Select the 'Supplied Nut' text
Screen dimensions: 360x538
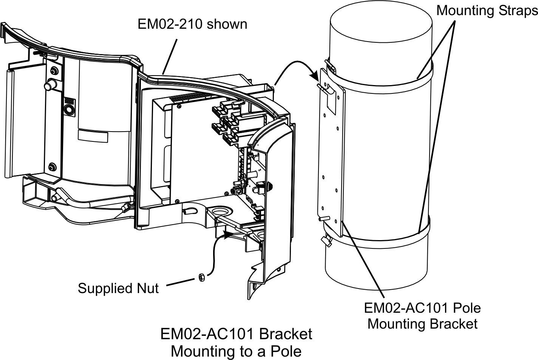coord(118,288)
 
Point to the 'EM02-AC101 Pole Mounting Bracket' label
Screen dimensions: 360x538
coord(422,316)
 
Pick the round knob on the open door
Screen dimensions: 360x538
coord(50,85)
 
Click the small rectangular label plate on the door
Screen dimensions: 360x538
coord(93,136)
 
